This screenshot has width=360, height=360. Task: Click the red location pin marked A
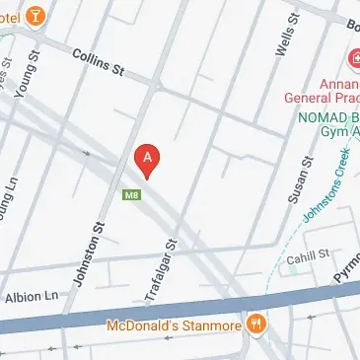click(x=147, y=159)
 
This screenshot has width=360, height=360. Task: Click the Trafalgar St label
click(x=171, y=257)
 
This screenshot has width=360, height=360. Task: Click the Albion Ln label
click(x=34, y=296)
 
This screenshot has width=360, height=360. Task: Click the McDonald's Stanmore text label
click(x=178, y=325)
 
